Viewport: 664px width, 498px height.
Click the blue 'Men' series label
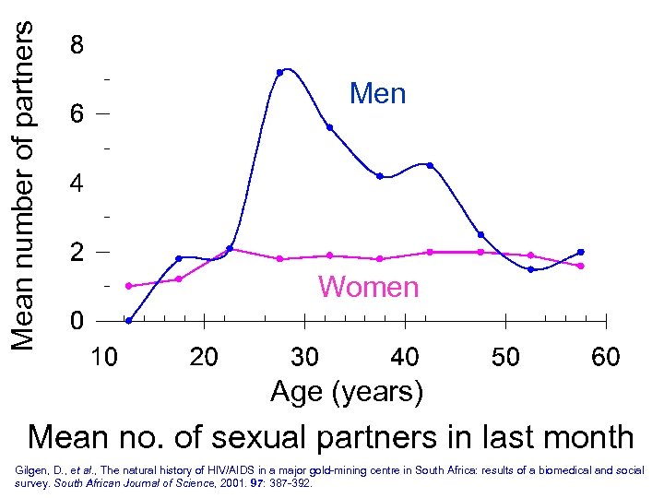pyautogui.click(x=377, y=93)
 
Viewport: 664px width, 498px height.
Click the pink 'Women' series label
pyautogui.click(x=368, y=287)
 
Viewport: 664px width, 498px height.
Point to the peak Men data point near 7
pyautogui.click(x=279, y=72)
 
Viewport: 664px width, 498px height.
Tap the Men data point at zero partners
pyautogui.click(x=128, y=321)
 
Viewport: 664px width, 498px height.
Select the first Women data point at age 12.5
pyautogui.click(x=128, y=286)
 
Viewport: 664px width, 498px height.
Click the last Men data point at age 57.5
pyautogui.click(x=580, y=252)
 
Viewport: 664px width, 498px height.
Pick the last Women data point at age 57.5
pyautogui.click(x=580, y=266)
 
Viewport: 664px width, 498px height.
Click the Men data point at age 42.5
pyautogui.click(x=430, y=165)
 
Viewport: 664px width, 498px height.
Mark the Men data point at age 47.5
pyautogui.click(x=480, y=234)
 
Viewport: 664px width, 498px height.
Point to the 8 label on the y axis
pyautogui.click(x=77, y=45)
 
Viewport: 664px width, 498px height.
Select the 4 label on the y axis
pyautogui.click(x=77, y=184)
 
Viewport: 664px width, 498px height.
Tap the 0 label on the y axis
pyautogui.click(x=77, y=322)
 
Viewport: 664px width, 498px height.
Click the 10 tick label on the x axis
pyautogui.click(x=103, y=356)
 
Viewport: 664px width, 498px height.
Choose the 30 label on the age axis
pyautogui.click(x=304, y=356)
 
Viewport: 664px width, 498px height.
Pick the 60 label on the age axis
pyautogui.click(x=605, y=356)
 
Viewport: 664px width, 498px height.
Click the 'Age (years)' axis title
pyautogui.click(x=347, y=392)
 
